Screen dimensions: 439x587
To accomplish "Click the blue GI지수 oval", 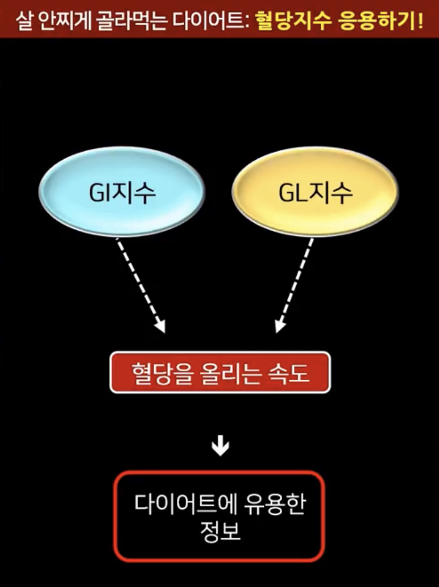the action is (121, 191).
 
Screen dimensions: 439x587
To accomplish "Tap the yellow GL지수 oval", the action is (315, 191).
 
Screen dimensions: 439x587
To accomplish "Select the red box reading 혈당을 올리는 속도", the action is (219, 372).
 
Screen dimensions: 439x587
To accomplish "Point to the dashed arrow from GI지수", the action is (140, 285).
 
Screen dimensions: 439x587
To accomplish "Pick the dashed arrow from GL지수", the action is (295, 285).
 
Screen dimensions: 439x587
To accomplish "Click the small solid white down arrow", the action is (220, 447).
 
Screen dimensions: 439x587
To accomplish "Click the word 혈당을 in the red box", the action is (154, 373).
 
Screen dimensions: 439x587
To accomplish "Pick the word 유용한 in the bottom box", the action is (274, 503).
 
